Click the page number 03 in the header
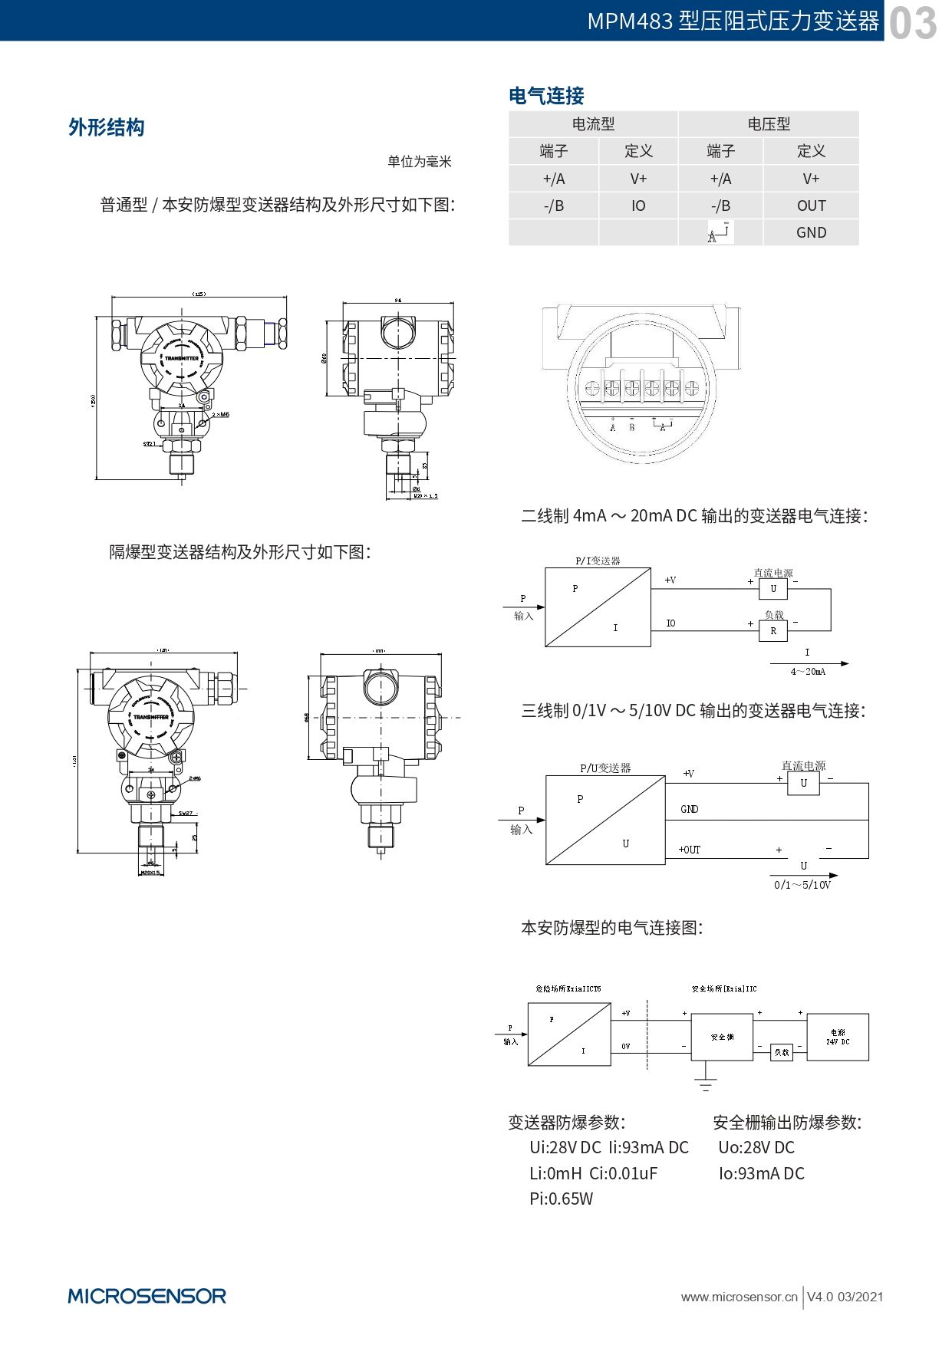click(x=913, y=23)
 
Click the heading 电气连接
click(x=546, y=96)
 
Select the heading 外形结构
click(x=107, y=127)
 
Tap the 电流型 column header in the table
click(x=593, y=124)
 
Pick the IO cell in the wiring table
click(x=638, y=206)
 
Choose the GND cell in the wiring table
click(x=811, y=232)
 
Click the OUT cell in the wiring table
click(x=811, y=206)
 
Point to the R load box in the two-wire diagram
click(x=773, y=631)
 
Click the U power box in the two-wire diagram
click(x=773, y=589)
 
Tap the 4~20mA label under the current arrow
click(x=808, y=672)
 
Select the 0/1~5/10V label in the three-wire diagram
click(x=802, y=885)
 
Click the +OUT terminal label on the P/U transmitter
click(x=690, y=850)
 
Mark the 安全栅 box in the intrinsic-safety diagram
click(x=722, y=1037)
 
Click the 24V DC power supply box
click(x=838, y=1038)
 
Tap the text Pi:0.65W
click(x=561, y=1199)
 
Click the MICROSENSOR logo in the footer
click(x=147, y=1296)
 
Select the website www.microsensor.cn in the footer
click(x=739, y=1297)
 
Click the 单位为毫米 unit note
click(x=420, y=162)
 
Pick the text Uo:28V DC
click(x=756, y=1148)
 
